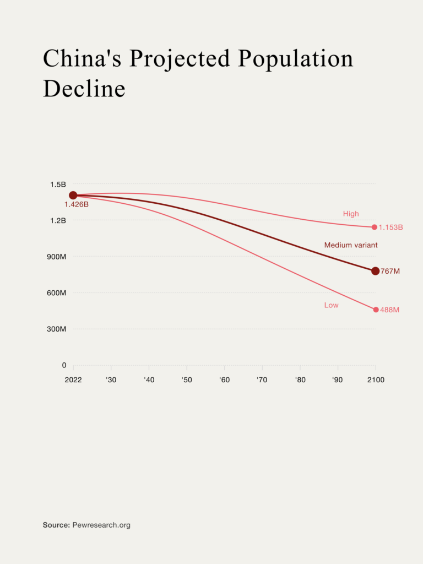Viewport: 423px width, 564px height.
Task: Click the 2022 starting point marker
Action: (73, 195)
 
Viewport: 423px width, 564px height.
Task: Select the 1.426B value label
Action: (76, 205)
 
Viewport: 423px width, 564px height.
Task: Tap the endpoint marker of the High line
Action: (375, 227)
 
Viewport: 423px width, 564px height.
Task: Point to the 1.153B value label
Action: (391, 227)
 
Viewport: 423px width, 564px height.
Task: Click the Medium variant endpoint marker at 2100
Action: (375, 271)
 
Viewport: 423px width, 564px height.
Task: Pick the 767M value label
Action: (390, 272)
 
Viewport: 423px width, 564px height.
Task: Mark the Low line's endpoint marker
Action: (376, 310)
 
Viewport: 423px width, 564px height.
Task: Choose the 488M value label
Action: (389, 310)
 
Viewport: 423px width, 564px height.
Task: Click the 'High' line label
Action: (351, 214)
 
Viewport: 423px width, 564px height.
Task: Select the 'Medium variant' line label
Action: (351, 245)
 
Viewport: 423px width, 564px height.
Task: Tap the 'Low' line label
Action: (331, 305)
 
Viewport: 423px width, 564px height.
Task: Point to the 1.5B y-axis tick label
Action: (57, 184)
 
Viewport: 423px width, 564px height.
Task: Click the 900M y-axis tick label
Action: (55, 257)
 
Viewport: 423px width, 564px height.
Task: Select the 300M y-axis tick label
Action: (55, 329)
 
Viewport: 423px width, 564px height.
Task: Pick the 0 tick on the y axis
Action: (63, 365)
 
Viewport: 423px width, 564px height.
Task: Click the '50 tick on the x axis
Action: (187, 380)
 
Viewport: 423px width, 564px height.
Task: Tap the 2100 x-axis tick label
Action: (376, 380)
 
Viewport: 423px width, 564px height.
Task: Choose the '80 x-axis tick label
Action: (300, 380)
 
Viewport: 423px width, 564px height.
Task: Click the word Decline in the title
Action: (84, 89)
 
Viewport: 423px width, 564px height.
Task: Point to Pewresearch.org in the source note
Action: (101, 525)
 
